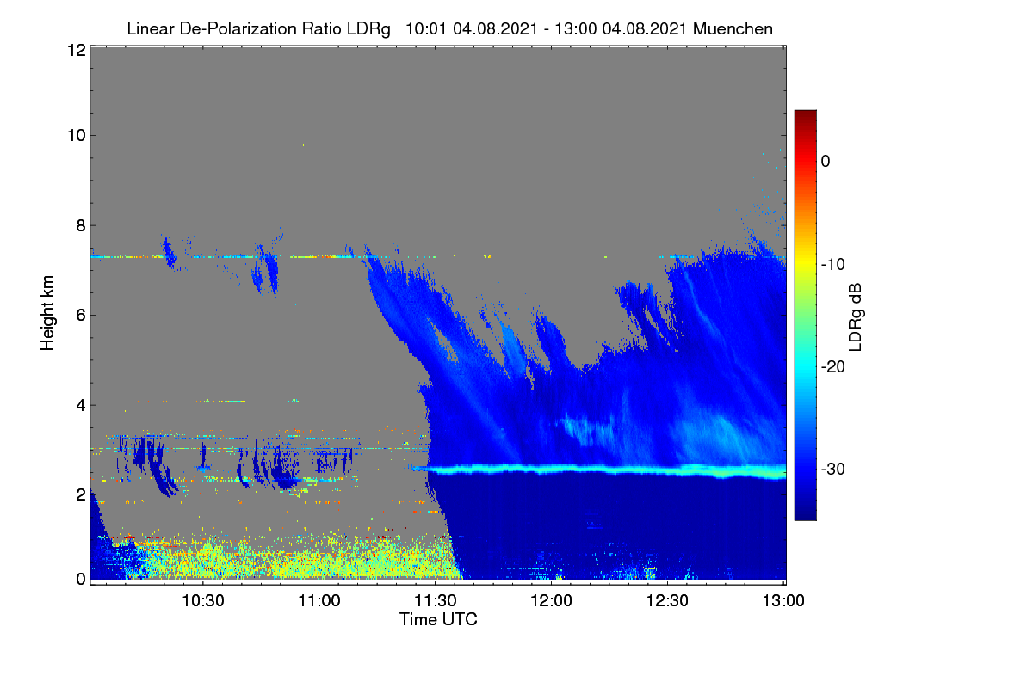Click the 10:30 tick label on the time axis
pyautogui.click(x=203, y=601)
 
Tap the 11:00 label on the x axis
pyautogui.click(x=319, y=601)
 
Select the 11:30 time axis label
pyautogui.click(x=436, y=601)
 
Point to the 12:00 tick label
pyautogui.click(x=551, y=601)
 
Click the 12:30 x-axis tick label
pyautogui.click(x=667, y=601)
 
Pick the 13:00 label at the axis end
pyautogui.click(x=783, y=601)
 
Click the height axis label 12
pyautogui.click(x=77, y=50)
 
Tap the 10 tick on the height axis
pyautogui.click(x=77, y=136)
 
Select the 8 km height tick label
pyautogui.click(x=81, y=226)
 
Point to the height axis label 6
pyautogui.click(x=81, y=316)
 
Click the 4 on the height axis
pyautogui.click(x=81, y=406)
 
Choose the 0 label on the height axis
pyautogui.click(x=81, y=580)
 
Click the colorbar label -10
pyautogui.click(x=833, y=265)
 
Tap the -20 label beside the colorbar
pyautogui.click(x=833, y=367)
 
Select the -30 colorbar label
pyautogui.click(x=833, y=469)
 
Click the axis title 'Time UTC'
pyautogui.click(x=438, y=619)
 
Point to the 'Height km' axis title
pyautogui.click(x=47, y=313)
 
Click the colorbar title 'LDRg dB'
pyautogui.click(x=855, y=317)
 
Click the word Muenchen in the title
pyautogui.click(x=733, y=28)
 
